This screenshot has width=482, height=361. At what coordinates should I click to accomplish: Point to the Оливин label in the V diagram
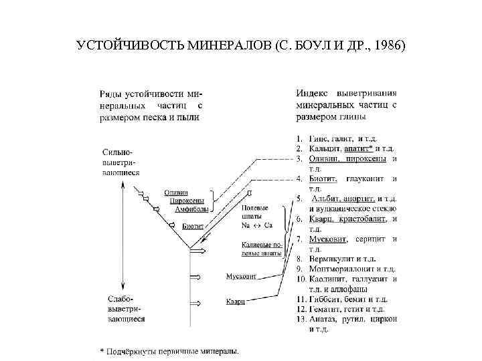click(x=176, y=193)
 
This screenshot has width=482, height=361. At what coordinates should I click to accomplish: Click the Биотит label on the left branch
click(x=194, y=226)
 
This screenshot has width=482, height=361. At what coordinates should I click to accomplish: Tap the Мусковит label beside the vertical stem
click(x=239, y=275)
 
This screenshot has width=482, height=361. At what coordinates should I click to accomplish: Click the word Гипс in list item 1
click(x=319, y=138)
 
